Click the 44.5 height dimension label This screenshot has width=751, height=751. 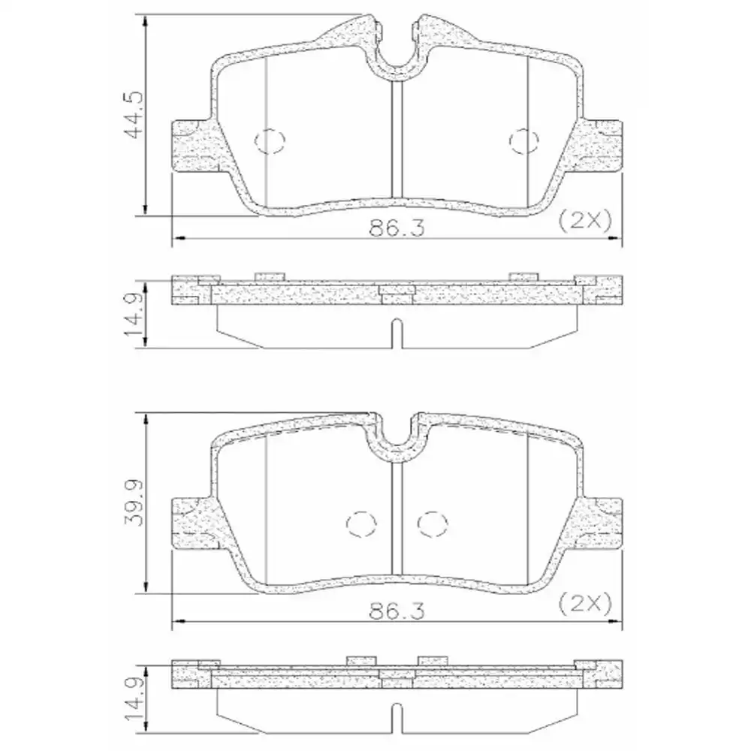pos(134,116)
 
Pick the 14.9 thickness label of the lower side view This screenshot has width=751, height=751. pos(134,698)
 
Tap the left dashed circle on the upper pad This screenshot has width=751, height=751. pos(270,140)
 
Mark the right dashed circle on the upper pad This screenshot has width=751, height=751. pos(523,140)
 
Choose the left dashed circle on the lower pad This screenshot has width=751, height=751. pos(360,523)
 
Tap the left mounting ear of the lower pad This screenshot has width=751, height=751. pos(194,523)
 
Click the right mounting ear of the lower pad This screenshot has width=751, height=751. pos(601,523)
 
